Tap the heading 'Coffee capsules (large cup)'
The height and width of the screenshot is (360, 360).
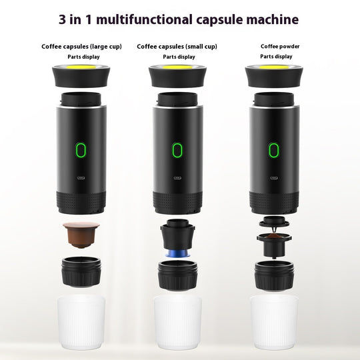point(81,47)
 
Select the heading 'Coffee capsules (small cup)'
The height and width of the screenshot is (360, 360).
point(177,47)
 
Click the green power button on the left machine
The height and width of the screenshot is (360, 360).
point(81,150)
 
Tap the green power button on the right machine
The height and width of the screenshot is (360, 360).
point(273,150)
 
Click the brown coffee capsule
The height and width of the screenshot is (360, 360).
point(81,233)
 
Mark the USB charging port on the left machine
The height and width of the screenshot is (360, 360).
point(81,178)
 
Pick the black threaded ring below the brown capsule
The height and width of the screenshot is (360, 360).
point(81,272)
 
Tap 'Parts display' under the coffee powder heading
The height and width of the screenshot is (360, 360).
point(276,57)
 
